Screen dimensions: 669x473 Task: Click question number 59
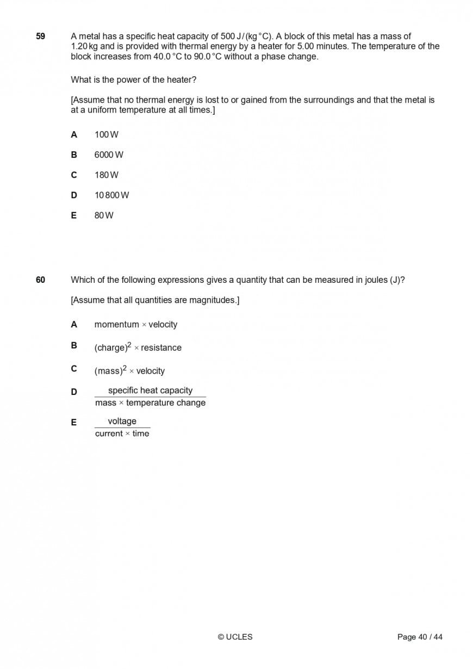click(41, 36)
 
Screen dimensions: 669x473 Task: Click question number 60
click(41, 280)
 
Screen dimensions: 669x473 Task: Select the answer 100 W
click(106, 135)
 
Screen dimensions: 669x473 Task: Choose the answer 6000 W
click(109, 155)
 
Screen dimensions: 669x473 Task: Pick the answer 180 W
click(106, 175)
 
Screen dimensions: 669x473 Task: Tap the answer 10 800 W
click(111, 195)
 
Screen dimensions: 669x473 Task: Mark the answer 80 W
click(104, 215)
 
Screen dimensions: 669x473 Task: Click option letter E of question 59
click(74, 215)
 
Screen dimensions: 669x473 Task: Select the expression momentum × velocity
click(136, 325)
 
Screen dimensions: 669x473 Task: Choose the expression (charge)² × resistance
click(138, 348)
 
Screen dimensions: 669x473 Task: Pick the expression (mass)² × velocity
click(129, 371)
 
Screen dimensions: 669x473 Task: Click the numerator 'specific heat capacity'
click(150, 391)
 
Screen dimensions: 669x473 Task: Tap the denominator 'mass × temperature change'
click(150, 403)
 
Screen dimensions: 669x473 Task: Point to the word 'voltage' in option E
click(122, 422)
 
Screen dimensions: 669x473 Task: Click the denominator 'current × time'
click(122, 433)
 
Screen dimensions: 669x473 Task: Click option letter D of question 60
click(74, 392)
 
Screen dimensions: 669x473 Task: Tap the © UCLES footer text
click(235, 637)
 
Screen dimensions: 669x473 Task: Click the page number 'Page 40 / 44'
click(420, 637)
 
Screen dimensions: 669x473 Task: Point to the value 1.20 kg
click(83, 47)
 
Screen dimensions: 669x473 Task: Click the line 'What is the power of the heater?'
click(134, 80)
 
